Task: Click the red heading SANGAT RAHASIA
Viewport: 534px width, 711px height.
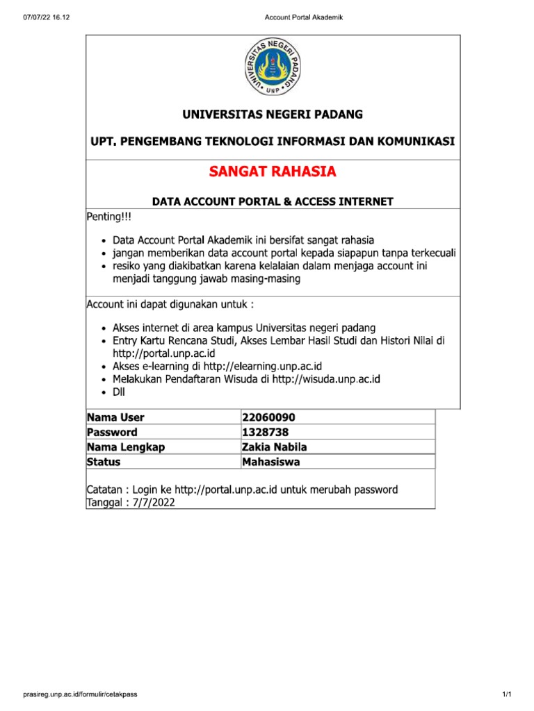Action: (273, 172)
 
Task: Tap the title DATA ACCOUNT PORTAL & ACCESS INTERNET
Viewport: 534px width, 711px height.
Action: (273, 201)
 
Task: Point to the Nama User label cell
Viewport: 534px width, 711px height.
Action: (115, 417)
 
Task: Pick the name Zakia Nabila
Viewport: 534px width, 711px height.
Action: (274, 446)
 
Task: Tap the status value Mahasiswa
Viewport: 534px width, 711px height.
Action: (271, 462)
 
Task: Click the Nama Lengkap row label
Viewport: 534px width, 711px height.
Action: (125, 446)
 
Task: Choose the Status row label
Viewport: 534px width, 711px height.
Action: (104, 462)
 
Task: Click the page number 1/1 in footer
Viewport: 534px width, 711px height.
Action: (506, 694)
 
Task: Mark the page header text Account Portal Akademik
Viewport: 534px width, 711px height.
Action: (305, 17)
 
